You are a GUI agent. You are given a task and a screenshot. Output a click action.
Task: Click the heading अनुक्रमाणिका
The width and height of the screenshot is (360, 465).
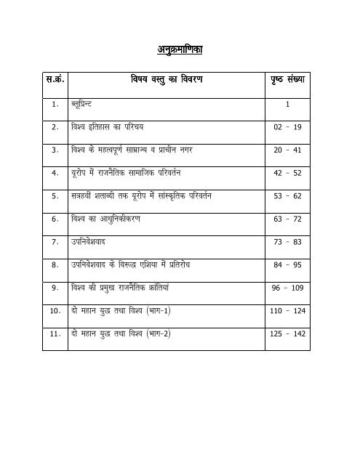[x=179, y=50]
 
